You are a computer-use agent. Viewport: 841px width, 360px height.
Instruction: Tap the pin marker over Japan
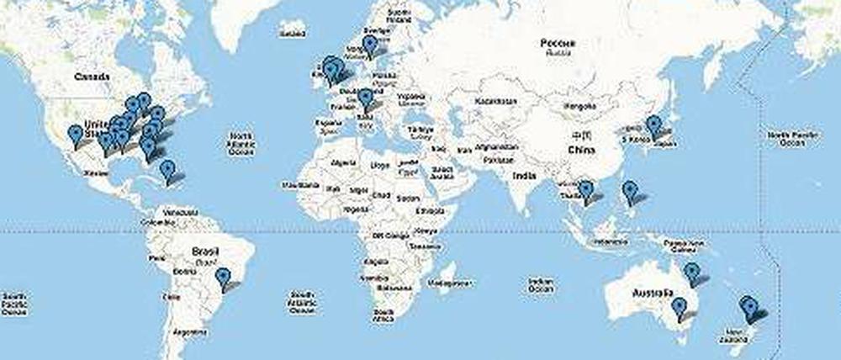click(653, 127)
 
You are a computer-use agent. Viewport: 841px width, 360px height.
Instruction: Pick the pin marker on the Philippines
click(630, 193)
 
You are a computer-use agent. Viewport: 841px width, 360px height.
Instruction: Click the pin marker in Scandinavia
click(369, 46)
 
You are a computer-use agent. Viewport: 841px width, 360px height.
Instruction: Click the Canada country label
click(93, 77)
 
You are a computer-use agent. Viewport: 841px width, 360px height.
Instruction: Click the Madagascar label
click(453, 284)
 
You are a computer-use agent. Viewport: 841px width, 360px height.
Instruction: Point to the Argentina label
click(189, 332)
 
